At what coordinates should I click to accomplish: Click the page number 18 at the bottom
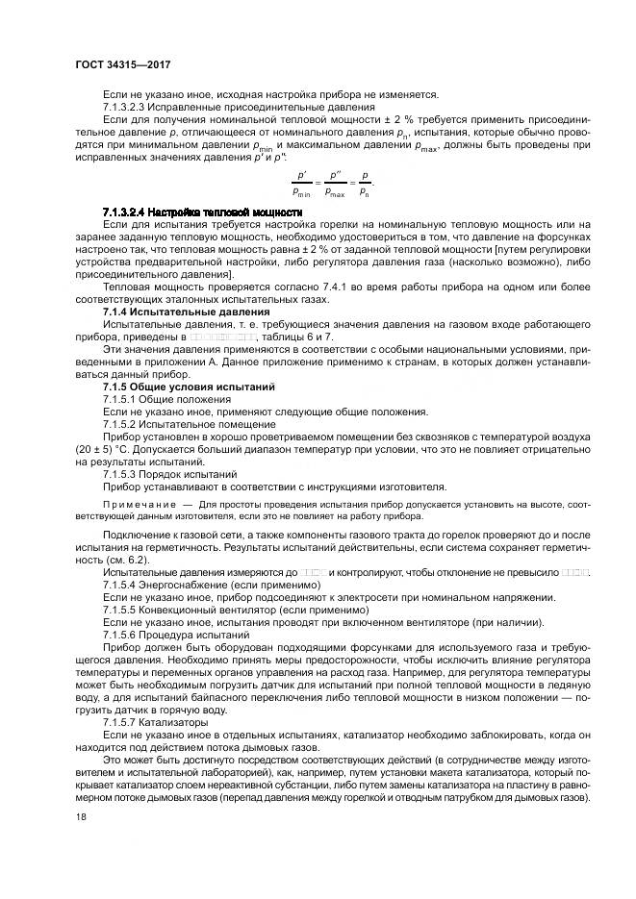pos(81,817)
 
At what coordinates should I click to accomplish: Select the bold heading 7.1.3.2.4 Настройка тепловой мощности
pos(203,211)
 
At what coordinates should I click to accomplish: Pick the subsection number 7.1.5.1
pos(121,399)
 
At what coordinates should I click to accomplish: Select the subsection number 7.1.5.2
pos(121,424)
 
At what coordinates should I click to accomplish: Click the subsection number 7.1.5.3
pos(121,474)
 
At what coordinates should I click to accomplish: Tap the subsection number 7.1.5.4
pos(121,585)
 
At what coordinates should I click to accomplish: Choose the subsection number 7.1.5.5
pos(121,610)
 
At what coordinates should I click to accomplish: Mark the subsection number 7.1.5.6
pos(121,635)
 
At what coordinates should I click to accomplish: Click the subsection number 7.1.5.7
pos(121,721)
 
